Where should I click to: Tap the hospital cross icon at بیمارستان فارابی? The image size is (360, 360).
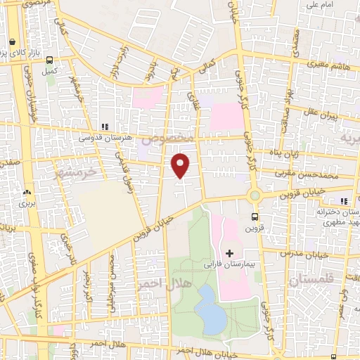229,252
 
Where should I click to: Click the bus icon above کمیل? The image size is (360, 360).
49,60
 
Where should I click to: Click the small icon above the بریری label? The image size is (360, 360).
27,191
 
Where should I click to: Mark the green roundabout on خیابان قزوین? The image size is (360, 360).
255,195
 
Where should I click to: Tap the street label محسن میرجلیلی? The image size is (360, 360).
112,281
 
